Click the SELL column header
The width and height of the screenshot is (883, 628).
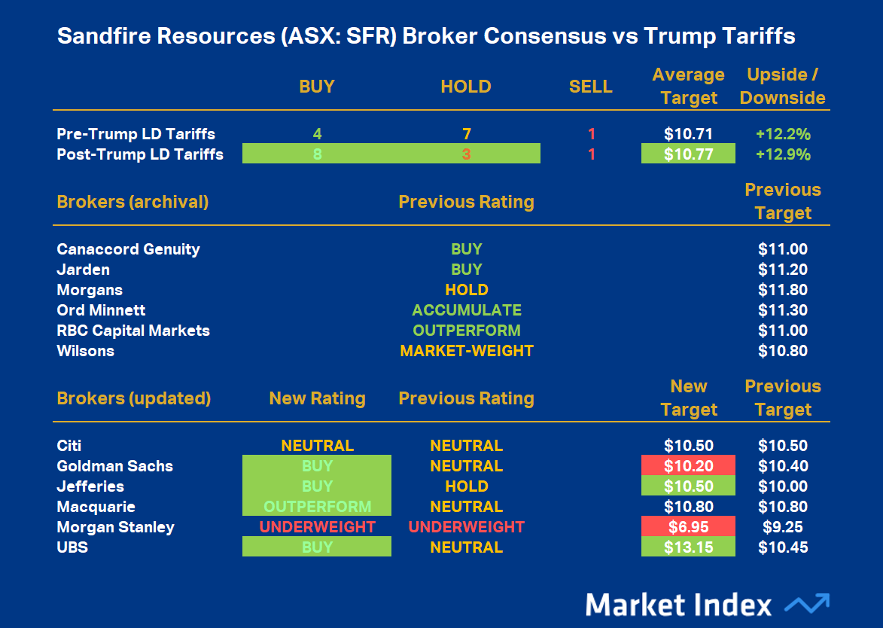590,87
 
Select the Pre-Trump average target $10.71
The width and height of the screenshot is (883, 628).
688,134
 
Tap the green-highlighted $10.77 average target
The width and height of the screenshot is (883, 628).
688,154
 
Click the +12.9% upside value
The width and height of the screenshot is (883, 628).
783,154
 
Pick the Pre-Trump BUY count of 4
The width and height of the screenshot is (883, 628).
317,134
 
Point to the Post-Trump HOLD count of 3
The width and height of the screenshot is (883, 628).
466,154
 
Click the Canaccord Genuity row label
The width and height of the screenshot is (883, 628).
128,249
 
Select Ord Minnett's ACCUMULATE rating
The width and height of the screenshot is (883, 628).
466,310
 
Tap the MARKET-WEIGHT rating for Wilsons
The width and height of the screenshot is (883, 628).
466,351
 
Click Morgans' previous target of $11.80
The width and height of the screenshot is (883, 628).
783,290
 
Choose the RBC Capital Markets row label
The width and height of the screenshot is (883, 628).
133,331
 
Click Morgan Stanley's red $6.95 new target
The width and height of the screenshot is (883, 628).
688,527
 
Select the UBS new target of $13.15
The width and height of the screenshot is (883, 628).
688,547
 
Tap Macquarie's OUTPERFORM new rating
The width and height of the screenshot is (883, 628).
317,507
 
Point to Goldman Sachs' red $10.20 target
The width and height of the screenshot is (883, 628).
688,466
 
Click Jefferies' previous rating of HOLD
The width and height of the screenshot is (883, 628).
466,486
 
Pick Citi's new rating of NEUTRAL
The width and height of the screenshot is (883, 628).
317,446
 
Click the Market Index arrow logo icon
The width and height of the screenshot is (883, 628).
806,604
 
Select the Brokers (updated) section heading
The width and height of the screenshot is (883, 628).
133,398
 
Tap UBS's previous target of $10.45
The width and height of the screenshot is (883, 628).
783,547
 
